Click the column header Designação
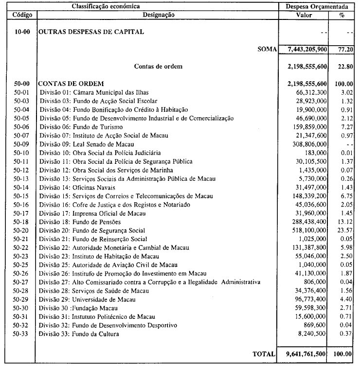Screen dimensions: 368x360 click(x=157, y=15)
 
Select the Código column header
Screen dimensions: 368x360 click(x=20, y=15)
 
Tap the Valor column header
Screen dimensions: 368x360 click(x=307, y=15)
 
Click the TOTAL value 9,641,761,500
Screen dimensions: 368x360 click(x=307, y=354)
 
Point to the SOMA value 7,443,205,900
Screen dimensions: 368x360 click(x=307, y=49)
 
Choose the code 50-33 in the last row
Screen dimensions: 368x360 click(x=20, y=334)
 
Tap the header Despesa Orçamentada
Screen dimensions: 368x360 click(x=319, y=6)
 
